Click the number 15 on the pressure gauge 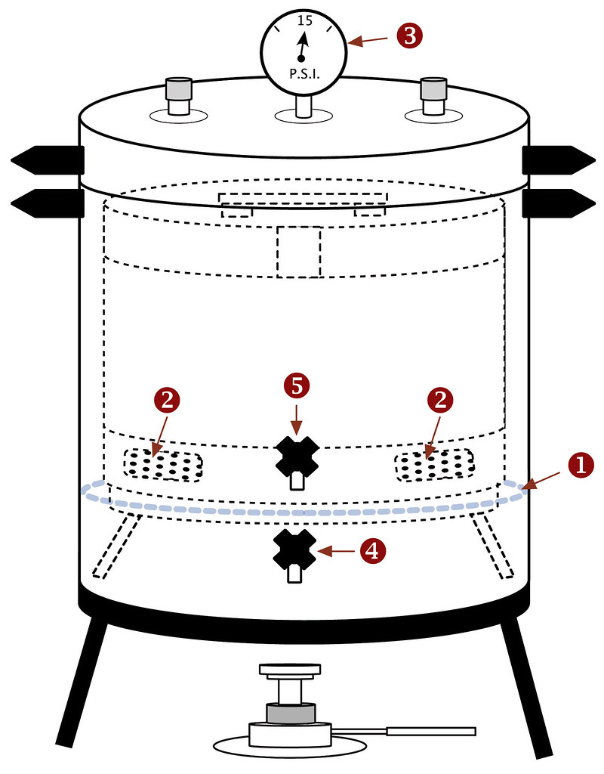click(304, 20)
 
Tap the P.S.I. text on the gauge click(304, 76)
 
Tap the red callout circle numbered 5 click(297, 386)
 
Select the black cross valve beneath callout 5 click(297, 457)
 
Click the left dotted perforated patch click(163, 464)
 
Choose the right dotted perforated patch click(436, 464)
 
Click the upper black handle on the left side click(47, 159)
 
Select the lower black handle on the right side click(557, 203)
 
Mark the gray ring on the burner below click(290, 713)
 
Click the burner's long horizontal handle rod click(430, 731)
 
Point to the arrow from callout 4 click(336, 552)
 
